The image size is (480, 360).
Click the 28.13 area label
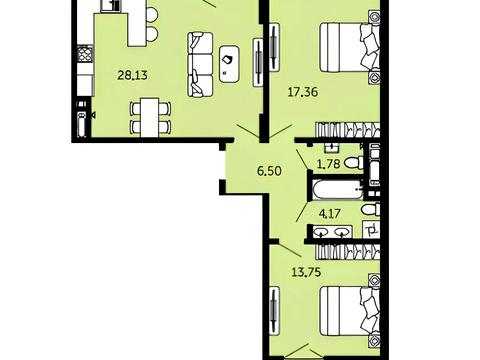(x=132, y=75)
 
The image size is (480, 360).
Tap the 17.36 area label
(x=303, y=92)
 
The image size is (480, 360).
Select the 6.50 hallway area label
(x=269, y=171)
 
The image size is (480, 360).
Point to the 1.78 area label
(x=329, y=164)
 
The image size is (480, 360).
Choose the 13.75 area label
(x=306, y=272)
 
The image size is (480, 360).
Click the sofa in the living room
(x=200, y=64)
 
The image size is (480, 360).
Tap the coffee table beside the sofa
(x=229, y=64)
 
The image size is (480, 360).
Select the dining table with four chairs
(x=150, y=117)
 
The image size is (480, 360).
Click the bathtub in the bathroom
(x=337, y=190)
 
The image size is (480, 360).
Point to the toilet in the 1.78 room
(x=354, y=163)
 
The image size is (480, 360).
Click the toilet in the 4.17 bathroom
(x=371, y=210)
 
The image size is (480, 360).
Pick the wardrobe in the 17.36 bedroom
(x=348, y=130)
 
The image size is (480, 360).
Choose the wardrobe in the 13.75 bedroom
(x=348, y=251)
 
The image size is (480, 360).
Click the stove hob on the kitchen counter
(x=85, y=54)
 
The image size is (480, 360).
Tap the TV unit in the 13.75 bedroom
(x=274, y=311)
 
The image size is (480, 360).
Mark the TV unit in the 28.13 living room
(x=258, y=62)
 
